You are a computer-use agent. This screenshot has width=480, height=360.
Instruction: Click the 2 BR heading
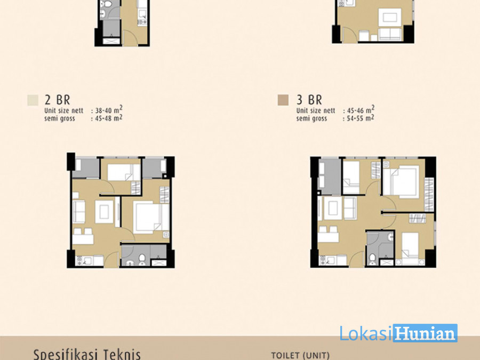tap(57, 100)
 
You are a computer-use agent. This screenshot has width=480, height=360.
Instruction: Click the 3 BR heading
tap(309, 100)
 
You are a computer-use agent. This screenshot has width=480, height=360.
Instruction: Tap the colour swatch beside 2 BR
tap(33, 100)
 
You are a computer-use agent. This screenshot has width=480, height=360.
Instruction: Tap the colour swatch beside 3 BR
tap(283, 100)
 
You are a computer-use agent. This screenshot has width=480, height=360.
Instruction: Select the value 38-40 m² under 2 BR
tap(109, 110)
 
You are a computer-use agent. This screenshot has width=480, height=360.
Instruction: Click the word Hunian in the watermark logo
tap(425, 333)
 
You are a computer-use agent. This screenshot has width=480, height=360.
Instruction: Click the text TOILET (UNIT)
tap(300, 356)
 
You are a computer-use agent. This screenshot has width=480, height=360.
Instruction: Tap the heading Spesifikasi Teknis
tap(87, 354)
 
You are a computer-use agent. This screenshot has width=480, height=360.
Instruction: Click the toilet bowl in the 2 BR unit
tap(142, 259)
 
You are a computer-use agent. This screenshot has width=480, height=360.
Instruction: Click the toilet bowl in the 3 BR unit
tap(372, 259)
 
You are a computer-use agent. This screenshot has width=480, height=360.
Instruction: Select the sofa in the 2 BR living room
tap(79, 211)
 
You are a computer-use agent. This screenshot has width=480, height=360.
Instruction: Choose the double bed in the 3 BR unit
tap(401, 181)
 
